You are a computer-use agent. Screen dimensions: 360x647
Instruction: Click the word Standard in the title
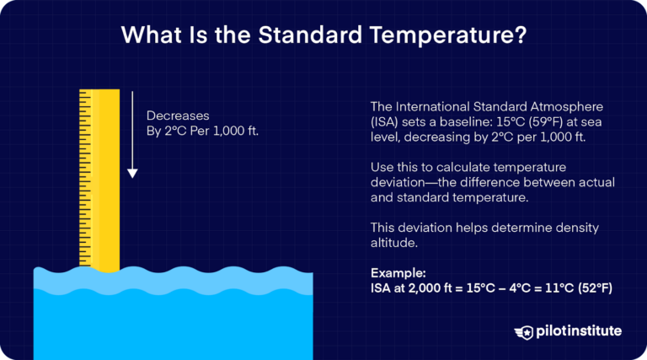[313, 36]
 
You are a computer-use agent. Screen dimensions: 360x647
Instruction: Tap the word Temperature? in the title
[446, 36]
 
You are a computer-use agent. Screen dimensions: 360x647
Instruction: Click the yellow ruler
[99, 177]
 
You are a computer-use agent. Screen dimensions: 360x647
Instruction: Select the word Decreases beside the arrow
[177, 116]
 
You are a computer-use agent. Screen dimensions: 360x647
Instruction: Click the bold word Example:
[398, 274]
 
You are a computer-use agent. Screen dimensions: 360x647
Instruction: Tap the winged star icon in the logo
[524, 331]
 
